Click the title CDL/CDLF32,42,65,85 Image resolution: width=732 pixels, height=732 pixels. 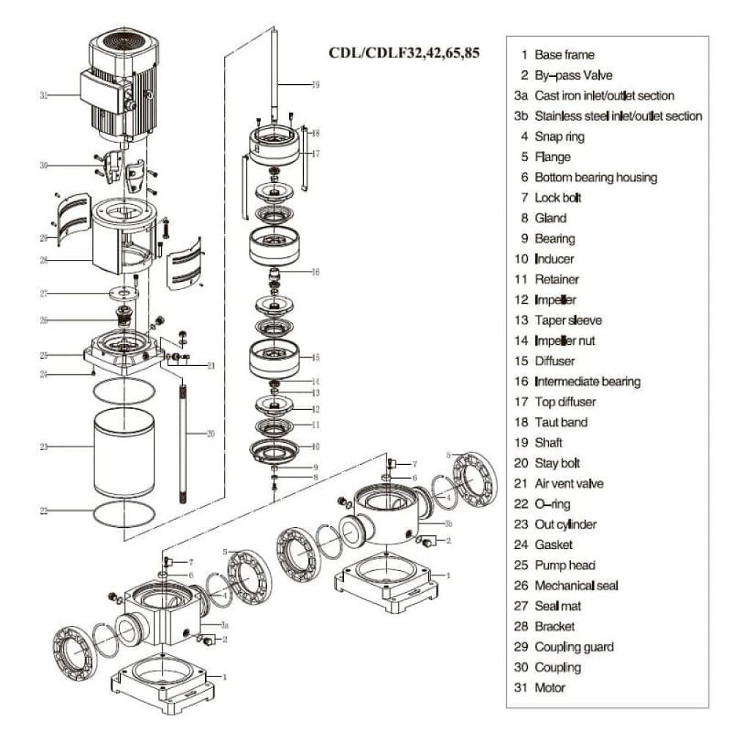coord(404,53)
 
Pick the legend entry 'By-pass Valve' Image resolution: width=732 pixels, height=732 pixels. coord(573,75)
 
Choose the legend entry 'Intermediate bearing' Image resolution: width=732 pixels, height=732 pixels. coord(587,381)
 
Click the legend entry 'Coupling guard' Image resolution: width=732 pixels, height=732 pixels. coord(574,647)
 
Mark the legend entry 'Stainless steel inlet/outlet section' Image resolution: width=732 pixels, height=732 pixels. coord(618,116)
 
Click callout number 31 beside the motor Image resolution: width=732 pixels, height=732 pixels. coord(44,95)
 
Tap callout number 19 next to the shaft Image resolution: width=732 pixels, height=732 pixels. coord(315,85)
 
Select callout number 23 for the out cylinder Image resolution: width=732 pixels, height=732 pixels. coord(44,446)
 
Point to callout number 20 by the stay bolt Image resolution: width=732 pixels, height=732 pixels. coord(211,433)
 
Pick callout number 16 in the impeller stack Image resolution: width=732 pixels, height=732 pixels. coord(315,272)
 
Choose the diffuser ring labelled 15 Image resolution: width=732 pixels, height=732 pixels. coord(275,357)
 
